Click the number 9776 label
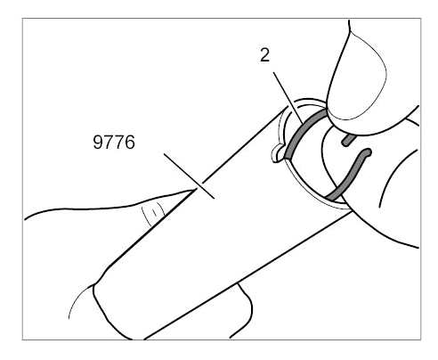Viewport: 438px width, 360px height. pyautogui.click(x=114, y=142)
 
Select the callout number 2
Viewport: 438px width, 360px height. pyautogui.click(x=265, y=55)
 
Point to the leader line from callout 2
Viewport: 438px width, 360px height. pyautogui.click(x=288, y=98)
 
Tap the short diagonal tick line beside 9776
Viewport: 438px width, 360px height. pyautogui.click(x=189, y=176)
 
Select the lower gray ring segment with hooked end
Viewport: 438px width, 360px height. pyautogui.click(x=350, y=175)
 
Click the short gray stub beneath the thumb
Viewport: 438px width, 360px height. pyautogui.click(x=349, y=140)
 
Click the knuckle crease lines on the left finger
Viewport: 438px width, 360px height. pyautogui.click(x=153, y=213)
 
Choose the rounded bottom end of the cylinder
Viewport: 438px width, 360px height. pyautogui.click(x=113, y=312)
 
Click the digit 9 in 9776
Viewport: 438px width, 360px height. pyautogui.click(x=98, y=142)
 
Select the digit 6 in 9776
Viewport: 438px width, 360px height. pyautogui.click(x=130, y=142)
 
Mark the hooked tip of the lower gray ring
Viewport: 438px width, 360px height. pyautogui.click(x=368, y=152)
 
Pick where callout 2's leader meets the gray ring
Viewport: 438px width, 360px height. pyautogui.click(x=303, y=123)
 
